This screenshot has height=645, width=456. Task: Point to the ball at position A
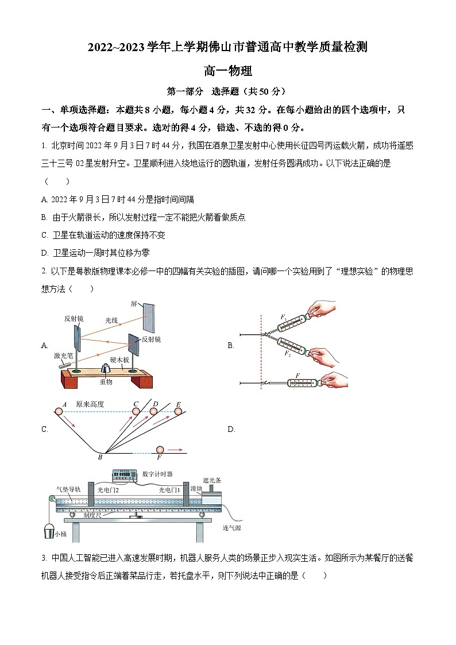tap(59, 411)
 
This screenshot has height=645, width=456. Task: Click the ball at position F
tap(159, 450)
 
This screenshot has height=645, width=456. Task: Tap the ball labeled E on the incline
tap(178, 411)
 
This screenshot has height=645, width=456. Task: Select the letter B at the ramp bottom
tap(100, 457)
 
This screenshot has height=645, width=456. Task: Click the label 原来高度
tap(90, 404)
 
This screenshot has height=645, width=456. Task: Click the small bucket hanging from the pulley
tap(49, 531)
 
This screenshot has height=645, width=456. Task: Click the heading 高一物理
tap(228, 71)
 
